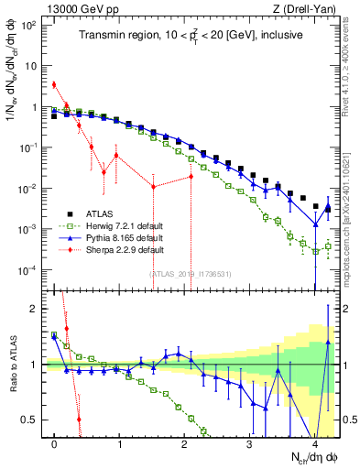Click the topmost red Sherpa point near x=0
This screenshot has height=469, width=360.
[x=55, y=85]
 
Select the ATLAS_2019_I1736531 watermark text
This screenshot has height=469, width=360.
[x=191, y=273]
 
